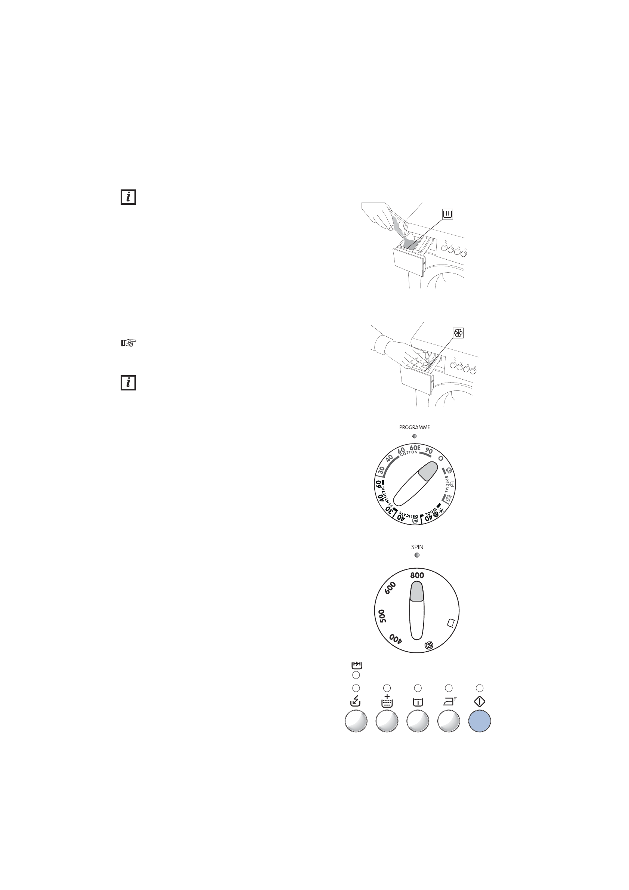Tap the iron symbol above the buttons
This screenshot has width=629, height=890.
coord(449,702)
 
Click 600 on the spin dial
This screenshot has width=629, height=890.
coord(390,588)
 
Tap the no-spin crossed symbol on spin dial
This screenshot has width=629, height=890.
coord(429,645)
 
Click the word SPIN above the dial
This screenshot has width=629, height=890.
coord(417,547)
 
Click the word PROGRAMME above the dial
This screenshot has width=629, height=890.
coord(414,427)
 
